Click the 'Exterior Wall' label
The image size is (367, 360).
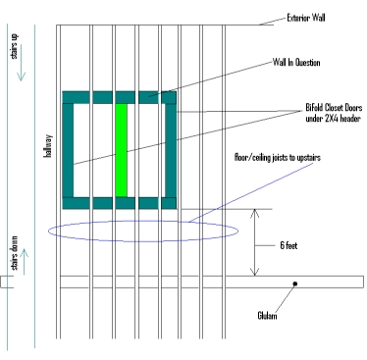click(308, 18)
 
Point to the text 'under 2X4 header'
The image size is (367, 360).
click(320, 123)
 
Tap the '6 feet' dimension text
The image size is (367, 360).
click(289, 243)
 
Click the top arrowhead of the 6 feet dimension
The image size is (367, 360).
click(255, 213)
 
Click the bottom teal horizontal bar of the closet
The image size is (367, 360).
click(120, 203)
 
